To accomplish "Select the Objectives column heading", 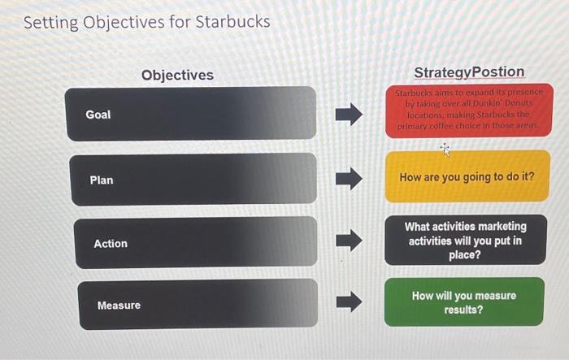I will coord(177,75).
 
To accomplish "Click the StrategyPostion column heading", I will coord(469,72).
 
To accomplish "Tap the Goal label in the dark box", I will coord(98,115).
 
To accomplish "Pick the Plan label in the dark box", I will coord(102,180).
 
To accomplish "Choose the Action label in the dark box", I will coord(111,244).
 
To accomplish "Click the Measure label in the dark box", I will coord(119,306).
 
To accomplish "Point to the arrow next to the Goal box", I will coord(349,115).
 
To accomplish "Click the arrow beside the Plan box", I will coord(349,177).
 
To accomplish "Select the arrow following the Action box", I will coord(349,241).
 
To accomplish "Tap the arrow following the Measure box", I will coord(349,303).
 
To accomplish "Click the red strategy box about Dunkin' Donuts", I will coord(468,111).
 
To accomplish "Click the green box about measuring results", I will coord(463,302).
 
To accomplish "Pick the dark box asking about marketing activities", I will coord(466,241).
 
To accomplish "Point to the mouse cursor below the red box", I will coord(445,149).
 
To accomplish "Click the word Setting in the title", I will coord(52,23).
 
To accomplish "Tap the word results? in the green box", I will coord(463,310).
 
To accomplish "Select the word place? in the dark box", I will coord(466,255).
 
